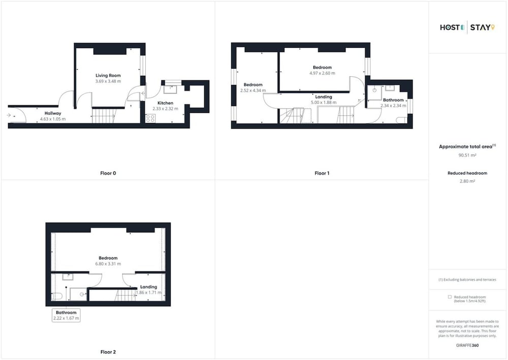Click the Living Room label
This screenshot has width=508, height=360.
click(108, 75)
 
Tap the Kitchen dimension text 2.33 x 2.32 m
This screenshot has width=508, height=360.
click(165, 109)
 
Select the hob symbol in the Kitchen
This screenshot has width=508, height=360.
click(150, 118)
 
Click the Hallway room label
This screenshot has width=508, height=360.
click(53, 113)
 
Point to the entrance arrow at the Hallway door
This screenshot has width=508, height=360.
click(9, 115)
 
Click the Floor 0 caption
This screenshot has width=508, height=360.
click(108, 173)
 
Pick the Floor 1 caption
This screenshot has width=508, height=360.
click(322, 173)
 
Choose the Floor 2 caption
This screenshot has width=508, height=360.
click(108, 352)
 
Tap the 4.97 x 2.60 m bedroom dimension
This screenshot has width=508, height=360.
click(323, 73)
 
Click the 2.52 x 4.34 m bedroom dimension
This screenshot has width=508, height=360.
click(253, 91)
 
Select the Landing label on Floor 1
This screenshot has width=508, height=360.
click(324, 97)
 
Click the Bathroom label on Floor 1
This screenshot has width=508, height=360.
click(393, 100)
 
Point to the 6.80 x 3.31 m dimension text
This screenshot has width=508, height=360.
click(108, 264)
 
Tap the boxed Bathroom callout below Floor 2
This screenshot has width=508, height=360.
click(66, 315)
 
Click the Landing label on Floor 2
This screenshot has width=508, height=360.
click(148, 287)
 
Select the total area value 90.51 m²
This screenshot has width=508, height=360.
click(467, 156)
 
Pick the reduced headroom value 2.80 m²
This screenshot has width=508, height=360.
click(467, 182)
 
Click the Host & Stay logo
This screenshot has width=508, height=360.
click(467, 27)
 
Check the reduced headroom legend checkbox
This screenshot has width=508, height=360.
click(450, 297)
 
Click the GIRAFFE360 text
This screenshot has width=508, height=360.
click(467, 345)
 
